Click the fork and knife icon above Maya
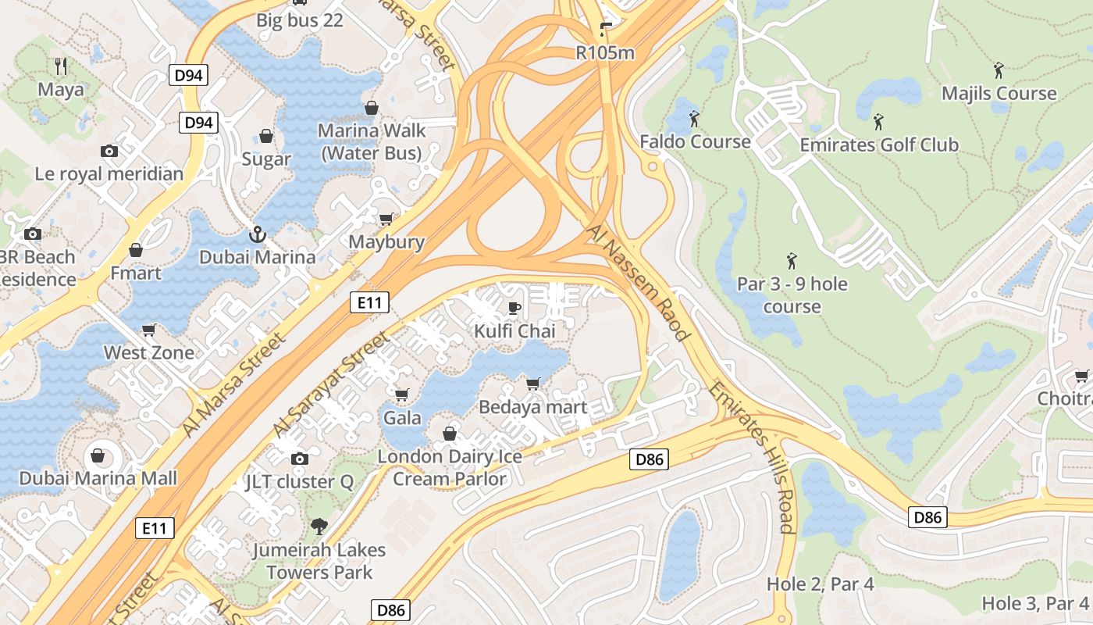point(62,66)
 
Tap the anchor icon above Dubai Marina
point(257,234)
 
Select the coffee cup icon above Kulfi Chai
point(514,308)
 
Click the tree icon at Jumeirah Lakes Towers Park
point(319,526)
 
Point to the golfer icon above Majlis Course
point(999,70)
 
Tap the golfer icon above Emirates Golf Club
point(878,121)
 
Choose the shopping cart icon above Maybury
point(386,219)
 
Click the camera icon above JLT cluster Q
point(299,459)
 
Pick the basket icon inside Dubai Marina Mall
point(98,455)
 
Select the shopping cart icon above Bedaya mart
point(532,384)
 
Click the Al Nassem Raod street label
point(639,284)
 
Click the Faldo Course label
point(695,141)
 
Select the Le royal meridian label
point(109,173)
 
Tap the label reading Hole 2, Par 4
point(820,584)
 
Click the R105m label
point(605,53)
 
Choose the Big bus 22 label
point(300,20)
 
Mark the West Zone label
point(149,352)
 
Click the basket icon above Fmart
point(136,250)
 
